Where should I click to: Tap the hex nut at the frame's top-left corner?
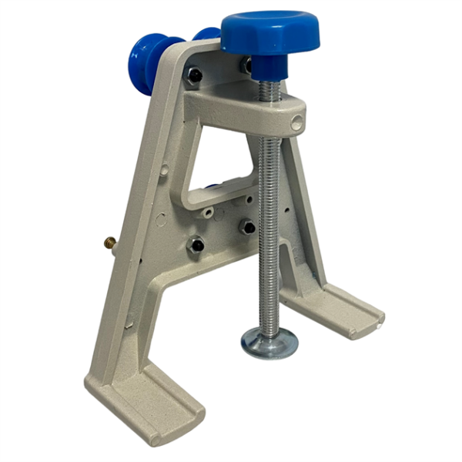point(195,75)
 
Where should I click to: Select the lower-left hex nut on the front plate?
point(196,246)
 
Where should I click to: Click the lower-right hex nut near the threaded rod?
point(248,227)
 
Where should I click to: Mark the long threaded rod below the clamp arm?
point(270,231)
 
